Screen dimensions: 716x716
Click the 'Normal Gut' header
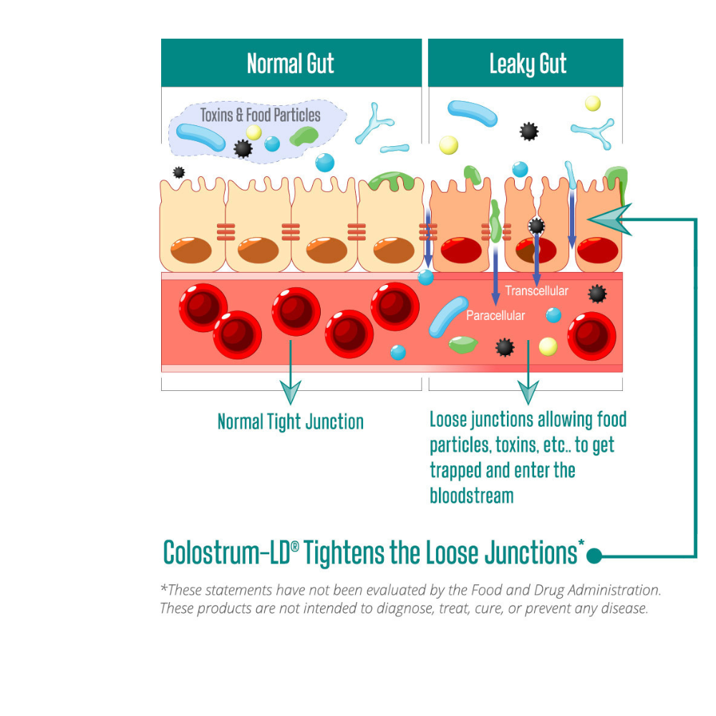click(290, 64)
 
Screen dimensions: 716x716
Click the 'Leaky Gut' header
click(528, 64)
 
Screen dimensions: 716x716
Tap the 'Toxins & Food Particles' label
click(260, 115)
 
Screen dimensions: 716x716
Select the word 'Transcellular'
click(536, 290)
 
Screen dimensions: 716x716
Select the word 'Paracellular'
click(495, 315)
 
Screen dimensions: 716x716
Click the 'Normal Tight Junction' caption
click(290, 421)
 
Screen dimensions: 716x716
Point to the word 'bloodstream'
click(471, 495)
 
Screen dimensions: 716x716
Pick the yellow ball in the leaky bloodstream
click(548, 347)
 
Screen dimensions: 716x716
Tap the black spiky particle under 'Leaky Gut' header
click(528, 131)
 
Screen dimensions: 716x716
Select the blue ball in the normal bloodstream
click(398, 352)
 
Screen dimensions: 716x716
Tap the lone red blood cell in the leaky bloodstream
click(591, 334)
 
